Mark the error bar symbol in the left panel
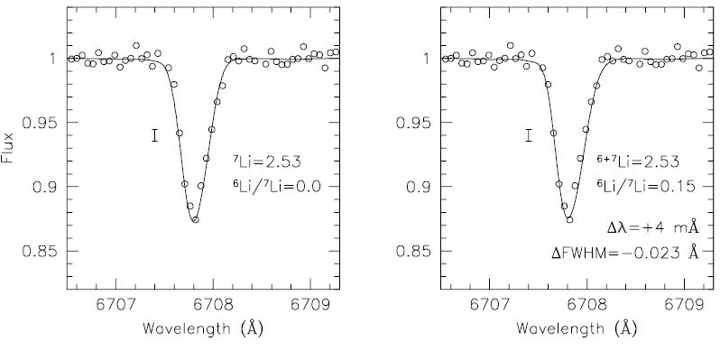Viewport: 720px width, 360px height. click(x=155, y=135)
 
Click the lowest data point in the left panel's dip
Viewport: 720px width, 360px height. click(x=195, y=219)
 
